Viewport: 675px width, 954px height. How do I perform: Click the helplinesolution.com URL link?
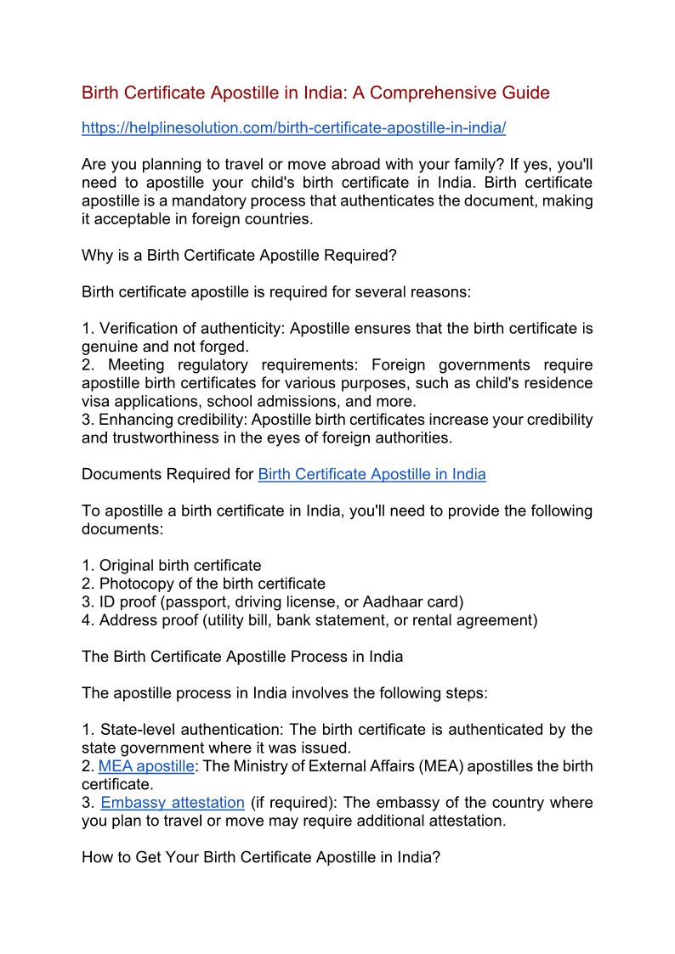[x=293, y=128]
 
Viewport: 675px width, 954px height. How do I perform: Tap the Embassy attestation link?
[x=173, y=803]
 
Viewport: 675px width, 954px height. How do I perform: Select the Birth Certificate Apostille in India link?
[x=372, y=474]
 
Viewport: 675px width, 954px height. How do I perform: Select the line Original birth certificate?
[x=180, y=565]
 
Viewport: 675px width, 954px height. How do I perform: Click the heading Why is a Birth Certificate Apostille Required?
[x=239, y=255]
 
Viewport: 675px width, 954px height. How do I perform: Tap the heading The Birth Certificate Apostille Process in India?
[x=242, y=657]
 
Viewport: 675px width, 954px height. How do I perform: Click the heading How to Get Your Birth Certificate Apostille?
[x=260, y=857]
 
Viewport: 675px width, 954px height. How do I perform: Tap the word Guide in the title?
[x=527, y=93]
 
